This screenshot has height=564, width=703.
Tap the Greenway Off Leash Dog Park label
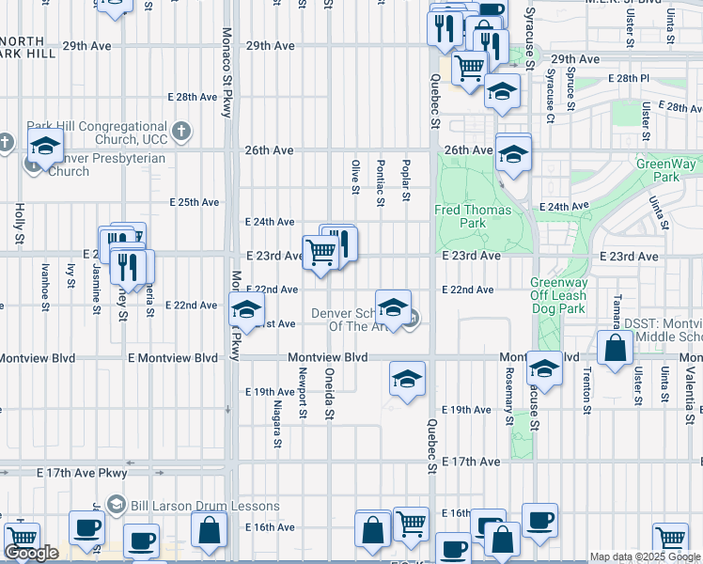(x=557, y=295)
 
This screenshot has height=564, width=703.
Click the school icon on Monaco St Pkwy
(x=246, y=308)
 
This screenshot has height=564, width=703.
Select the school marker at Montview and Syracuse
(x=544, y=367)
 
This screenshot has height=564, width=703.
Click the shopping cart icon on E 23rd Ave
(x=320, y=253)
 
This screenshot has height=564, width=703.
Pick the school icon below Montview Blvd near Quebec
(x=407, y=380)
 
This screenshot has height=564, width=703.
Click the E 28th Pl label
(x=629, y=78)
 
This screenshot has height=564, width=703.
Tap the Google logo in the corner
(x=31, y=553)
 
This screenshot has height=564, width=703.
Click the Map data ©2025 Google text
(x=645, y=556)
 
